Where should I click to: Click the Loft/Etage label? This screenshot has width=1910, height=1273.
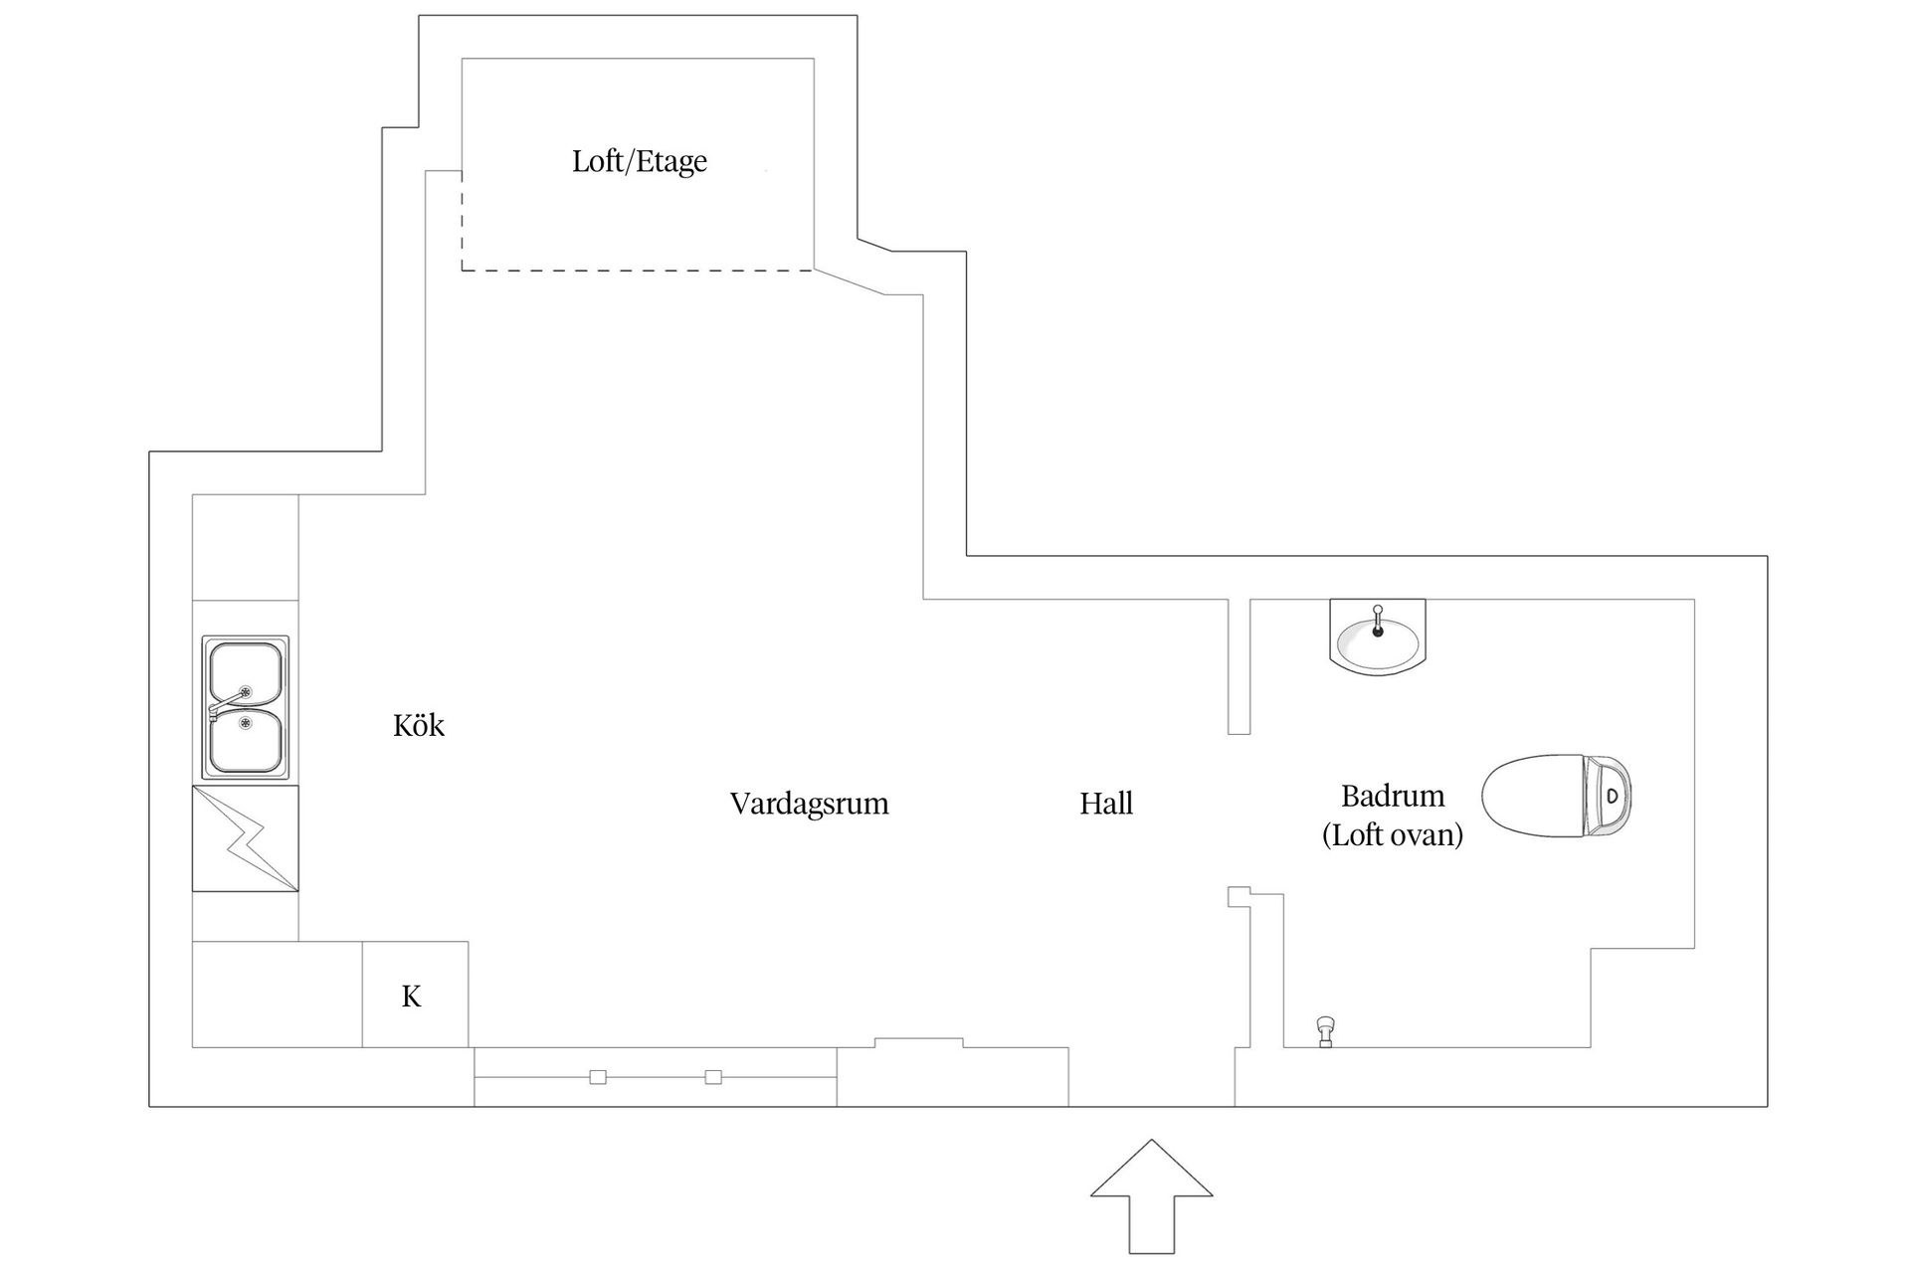640,161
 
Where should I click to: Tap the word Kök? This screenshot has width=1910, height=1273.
419,726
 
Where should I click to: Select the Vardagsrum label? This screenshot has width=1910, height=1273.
809,804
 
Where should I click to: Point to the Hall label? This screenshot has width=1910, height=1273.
1106,804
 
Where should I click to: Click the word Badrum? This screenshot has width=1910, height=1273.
1393,796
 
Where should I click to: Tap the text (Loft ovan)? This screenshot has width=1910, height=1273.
1393,834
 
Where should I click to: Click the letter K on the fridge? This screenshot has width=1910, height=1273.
412,996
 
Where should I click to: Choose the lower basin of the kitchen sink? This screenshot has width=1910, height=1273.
245,741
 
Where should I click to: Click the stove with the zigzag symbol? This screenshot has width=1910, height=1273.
245,838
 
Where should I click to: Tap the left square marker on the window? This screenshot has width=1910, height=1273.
598,1077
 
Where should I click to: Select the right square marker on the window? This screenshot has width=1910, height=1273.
713,1077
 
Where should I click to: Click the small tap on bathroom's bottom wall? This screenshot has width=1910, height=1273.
1325,1031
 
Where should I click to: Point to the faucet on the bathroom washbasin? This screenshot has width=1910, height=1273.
1378,621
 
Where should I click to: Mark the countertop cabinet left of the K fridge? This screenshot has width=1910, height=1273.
277,995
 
